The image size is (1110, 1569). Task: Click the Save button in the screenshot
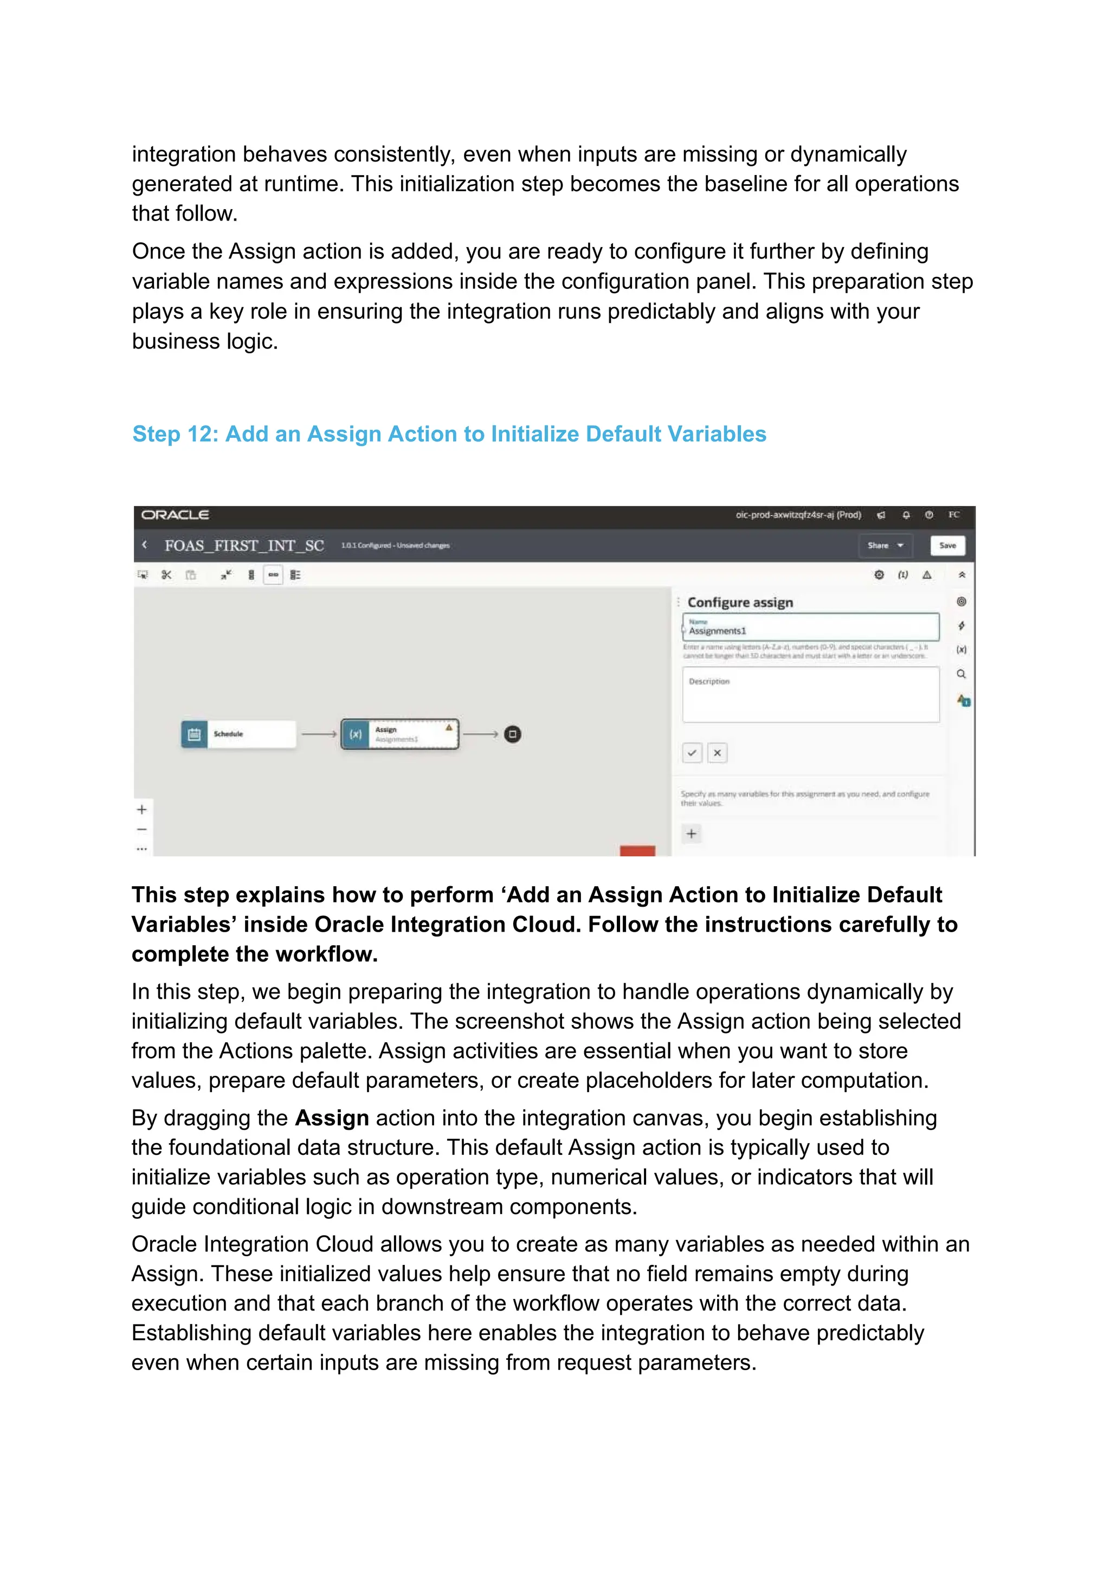click(x=947, y=545)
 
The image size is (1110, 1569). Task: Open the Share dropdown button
click(x=885, y=545)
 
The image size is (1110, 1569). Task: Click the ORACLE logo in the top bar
click(x=175, y=514)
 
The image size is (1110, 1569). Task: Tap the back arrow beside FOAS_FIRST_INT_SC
click(x=144, y=545)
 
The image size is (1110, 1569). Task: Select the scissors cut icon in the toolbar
click(x=166, y=574)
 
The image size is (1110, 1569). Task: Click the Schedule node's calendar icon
click(x=194, y=734)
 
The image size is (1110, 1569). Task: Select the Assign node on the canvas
click(x=400, y=734)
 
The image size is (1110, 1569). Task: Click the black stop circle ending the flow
click(x=513, y=734)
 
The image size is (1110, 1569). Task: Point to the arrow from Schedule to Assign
click(x=319, y=734)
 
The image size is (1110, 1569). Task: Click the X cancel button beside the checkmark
click(x=717, y=752)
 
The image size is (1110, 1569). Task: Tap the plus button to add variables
click(x=692, y=833)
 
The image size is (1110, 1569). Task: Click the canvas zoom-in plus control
click(x=142, y=809)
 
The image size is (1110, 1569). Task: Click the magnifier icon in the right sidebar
click(x=961, y=674)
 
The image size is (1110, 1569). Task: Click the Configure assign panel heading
click(x=740, y=602)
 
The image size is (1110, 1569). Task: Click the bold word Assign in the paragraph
click(x=332, y=1118)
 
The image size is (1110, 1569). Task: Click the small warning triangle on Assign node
click(x=449, y=728)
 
